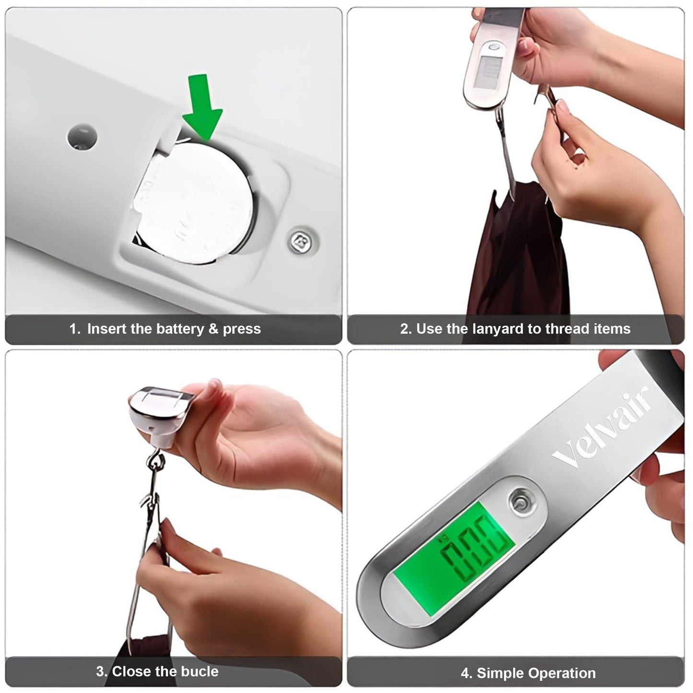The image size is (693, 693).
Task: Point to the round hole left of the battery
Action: pyautogui.click(x=82, y=136)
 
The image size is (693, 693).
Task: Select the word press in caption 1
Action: pyautogui.click(x=242, y=329)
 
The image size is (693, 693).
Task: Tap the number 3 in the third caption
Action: pyautogui.click(x=100, y=671)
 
